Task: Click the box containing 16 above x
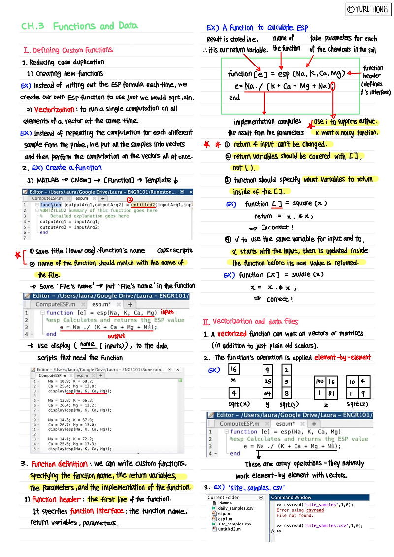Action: point(234,369)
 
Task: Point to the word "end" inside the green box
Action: point(235,98)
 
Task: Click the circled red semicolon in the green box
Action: point(333,86)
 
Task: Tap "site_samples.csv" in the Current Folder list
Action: point(234,524)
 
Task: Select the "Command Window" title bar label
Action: point(291,498)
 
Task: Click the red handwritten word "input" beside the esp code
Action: point(168,312)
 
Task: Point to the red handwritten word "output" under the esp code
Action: point(116,337)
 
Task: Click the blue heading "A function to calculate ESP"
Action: point(265,28)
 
